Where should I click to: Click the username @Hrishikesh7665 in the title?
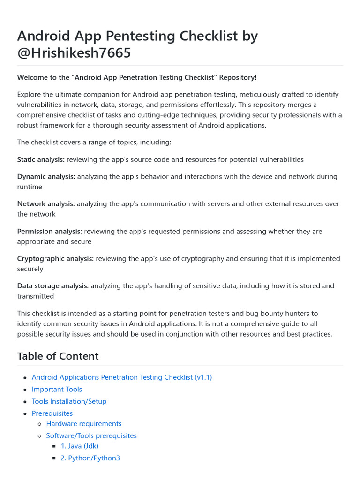tap(74, 53)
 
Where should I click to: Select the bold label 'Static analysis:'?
tap(41, 159)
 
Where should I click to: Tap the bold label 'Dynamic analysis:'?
tap(46, 177)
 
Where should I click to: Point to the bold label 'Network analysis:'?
tap(46, 204)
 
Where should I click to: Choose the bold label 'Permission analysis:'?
tap(50, 231)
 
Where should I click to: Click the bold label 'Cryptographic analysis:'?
tap(55, 258)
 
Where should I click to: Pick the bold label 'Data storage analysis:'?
tap(52, 285)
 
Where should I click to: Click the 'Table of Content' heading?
tap(58, 356)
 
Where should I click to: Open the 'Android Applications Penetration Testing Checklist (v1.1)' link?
tap(121, 377)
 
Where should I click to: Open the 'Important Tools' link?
tap(57, 389)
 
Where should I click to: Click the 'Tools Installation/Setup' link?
tap(69, 401)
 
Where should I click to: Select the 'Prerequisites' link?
tap(52, 413)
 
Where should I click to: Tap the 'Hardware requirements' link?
tap(84, 424)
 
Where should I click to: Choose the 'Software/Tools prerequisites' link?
tap(91, 436)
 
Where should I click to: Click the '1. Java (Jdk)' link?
tap(80, 446)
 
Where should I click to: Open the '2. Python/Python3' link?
tap(90, 458)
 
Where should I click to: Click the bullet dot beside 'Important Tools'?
tap(25, 390)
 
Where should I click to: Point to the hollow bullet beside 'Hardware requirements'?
tap(39, 424)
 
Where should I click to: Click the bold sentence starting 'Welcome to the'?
tap(137, 77)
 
